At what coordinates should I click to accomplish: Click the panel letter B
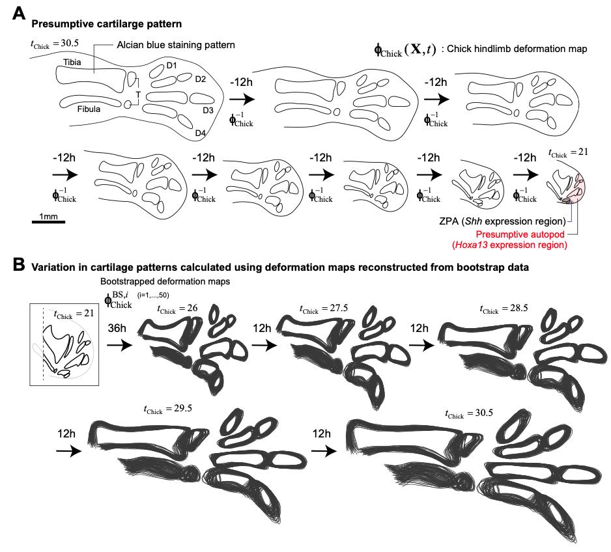pos(20,265)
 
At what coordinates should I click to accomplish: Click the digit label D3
pos(208,110)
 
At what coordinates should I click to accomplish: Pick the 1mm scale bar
pos(48,222)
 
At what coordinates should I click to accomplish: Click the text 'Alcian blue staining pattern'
pos(175,45)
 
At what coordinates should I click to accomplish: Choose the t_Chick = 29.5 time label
pos(168,408)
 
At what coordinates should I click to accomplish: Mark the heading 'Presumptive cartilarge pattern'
pos(107,23)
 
